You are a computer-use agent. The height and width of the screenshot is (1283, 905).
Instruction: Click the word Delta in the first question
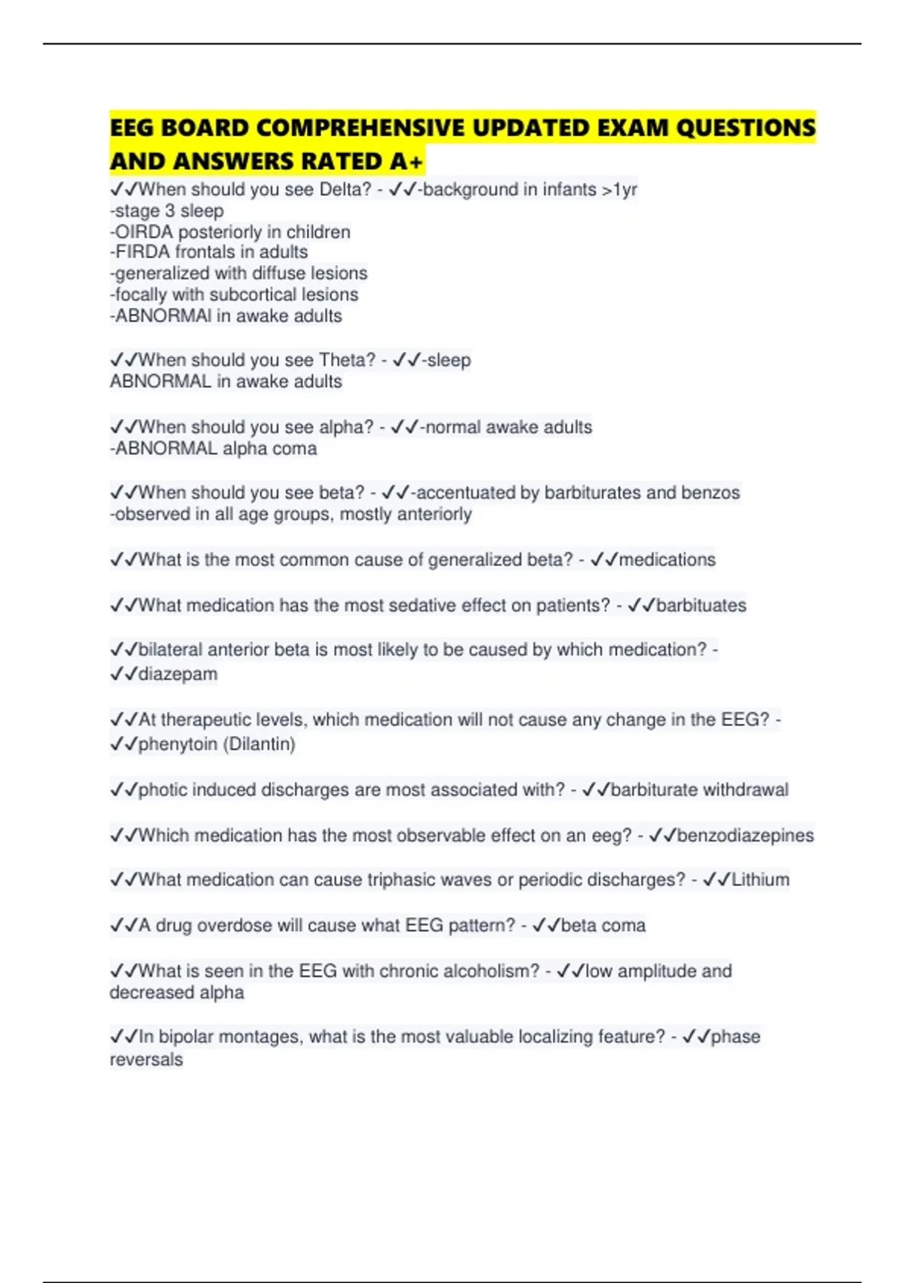pos(344,189)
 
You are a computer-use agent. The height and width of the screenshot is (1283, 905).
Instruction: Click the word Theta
pos(346,360)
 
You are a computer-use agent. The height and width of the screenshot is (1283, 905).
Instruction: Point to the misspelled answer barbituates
pos(701,605)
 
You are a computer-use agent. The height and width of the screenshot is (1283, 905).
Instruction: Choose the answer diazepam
pos(177,674)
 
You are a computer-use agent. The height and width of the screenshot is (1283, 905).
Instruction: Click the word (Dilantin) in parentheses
pos(261,744)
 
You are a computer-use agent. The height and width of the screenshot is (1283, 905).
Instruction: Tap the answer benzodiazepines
pos(745,835)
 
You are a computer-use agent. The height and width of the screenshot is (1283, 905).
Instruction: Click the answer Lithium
pos(760,880)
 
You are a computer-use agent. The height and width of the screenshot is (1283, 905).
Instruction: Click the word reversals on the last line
pos(146,1060)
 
